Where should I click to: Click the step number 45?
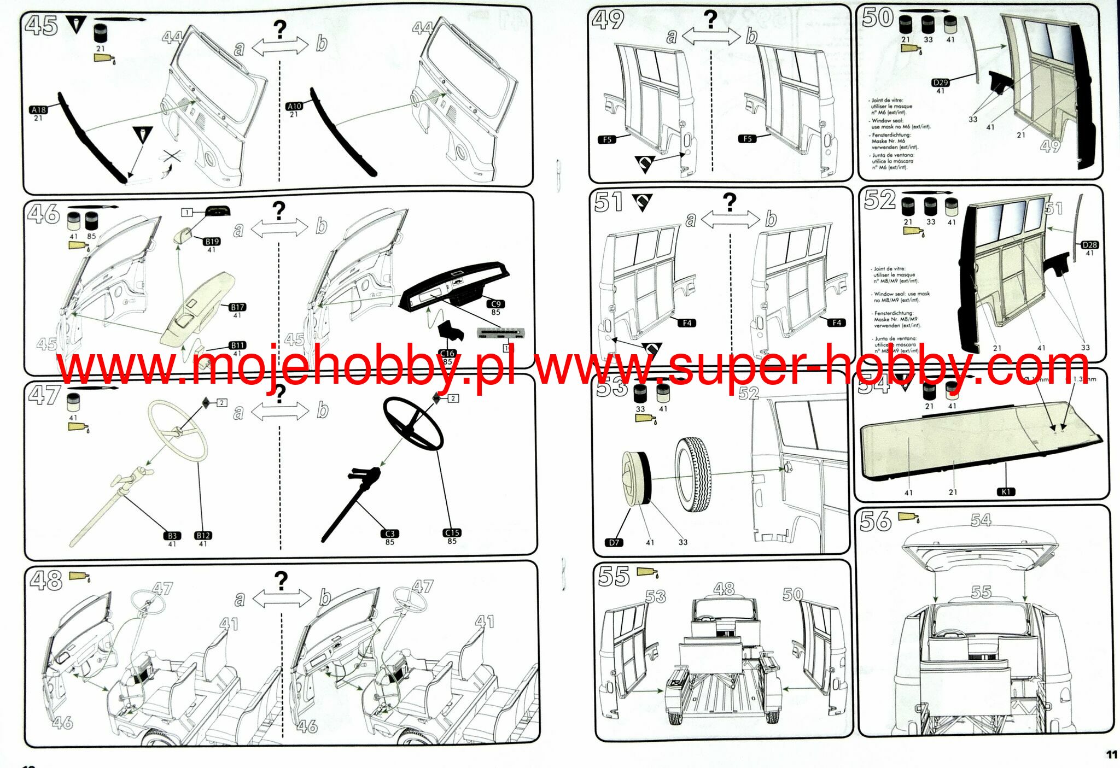click(x=41, y=25)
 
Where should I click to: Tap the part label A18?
click(x=39, y=109)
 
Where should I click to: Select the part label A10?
click(x=294, y=106)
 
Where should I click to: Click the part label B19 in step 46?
click(x=212, y=241)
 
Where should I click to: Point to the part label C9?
click(x=495, y=304)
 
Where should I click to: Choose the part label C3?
click(x=389, y=534)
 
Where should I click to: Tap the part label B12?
click(x=203, y=536)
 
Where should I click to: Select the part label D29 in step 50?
click(x=940, y=83)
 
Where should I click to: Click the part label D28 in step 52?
click(x=1089, y=245)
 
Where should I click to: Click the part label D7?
click(x=614, y=542)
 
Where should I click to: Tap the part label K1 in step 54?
click(x=1006, y=492)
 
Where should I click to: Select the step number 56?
click(x=875, y=521)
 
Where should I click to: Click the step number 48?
click(x=46, y=581)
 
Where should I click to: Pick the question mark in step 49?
click(x=710, y=20)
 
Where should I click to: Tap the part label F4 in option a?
click(x=687, y=323)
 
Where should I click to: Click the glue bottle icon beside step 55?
click(x=647, y=572)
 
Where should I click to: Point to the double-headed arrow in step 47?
click(x=280, y=412)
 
